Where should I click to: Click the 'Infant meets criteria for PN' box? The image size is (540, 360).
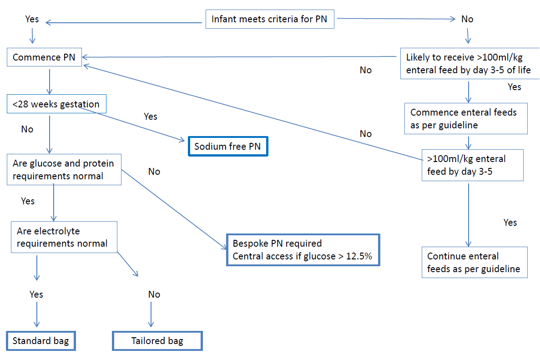(269, 20)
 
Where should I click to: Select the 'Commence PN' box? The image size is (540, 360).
(44, 57)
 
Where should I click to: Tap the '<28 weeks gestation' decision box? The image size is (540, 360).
(56, 104)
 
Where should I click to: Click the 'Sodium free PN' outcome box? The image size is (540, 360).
(228, 147)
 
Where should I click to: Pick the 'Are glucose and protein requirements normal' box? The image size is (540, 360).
(64, 170)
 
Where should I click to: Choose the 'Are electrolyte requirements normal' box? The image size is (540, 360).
(64, 237)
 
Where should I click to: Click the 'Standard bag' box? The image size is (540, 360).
(40, 341)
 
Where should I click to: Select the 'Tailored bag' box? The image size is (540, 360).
(157, 341)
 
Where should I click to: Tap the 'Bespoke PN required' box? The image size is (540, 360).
(303, 249)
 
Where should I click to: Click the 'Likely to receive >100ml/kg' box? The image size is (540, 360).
(468, 64)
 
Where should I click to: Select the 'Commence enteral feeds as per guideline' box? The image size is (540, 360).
(465, 119)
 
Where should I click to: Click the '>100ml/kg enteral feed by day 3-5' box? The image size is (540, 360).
(472, 165)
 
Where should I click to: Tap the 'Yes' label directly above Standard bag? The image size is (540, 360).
(36, 294)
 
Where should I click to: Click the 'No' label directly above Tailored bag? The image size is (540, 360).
(154, 294)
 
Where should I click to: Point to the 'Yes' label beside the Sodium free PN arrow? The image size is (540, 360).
(150, 117)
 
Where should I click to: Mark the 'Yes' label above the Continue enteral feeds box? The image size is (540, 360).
(510, 223)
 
